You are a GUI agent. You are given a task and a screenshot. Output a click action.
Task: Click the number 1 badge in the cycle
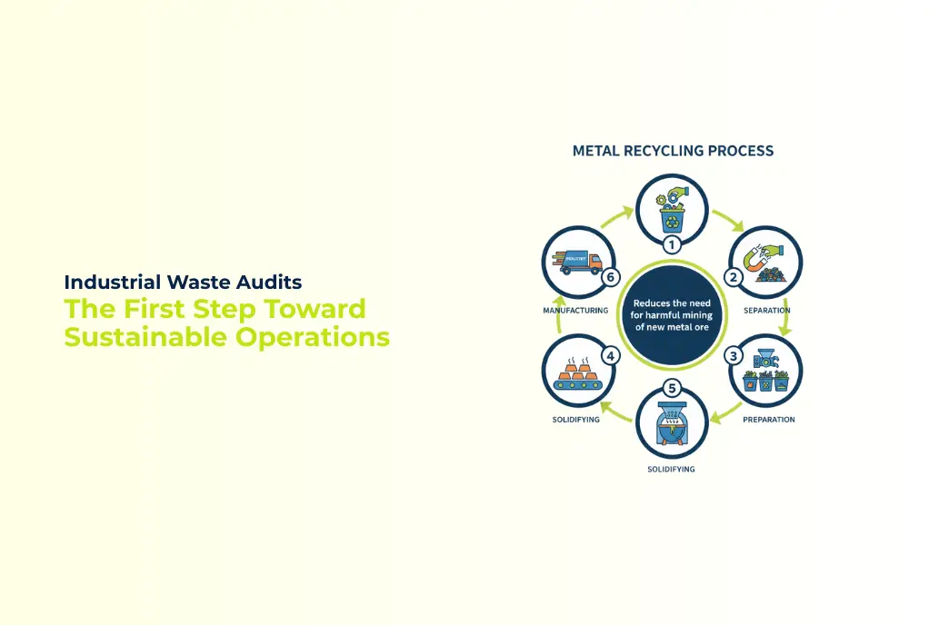[672, 245]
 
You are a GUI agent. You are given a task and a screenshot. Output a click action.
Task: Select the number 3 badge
[734, 356]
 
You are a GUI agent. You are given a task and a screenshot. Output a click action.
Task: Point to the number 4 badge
[612, 356]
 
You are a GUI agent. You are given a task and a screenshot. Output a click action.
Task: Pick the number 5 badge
[673, 389]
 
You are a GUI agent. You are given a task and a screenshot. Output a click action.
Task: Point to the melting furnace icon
[672, 427]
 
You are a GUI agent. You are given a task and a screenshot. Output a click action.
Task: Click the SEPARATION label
[766, 311]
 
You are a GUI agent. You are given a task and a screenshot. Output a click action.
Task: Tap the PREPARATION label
[768, 420]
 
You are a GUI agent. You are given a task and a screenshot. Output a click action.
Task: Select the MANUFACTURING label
[575, 311]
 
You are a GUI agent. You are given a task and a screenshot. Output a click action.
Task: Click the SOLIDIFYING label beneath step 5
[671, 469]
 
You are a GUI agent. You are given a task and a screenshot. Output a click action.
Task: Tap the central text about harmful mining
[672, 315]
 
